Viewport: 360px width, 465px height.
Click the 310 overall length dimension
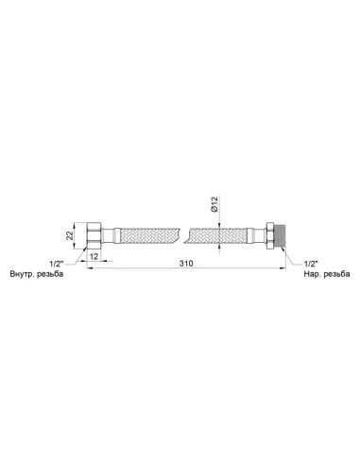(186, 263)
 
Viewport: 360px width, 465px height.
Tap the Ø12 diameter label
(214, 204)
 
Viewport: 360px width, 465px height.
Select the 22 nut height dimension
(70, 235)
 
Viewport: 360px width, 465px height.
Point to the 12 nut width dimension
(94, 256)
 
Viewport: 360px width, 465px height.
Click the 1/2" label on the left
(57, 263)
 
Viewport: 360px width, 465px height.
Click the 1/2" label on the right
(311, 263)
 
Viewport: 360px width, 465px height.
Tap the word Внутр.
(22, 274)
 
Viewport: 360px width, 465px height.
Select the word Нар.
(312, 274)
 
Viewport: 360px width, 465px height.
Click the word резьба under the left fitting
(50, 274)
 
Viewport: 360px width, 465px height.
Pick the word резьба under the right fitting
(336, 274)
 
